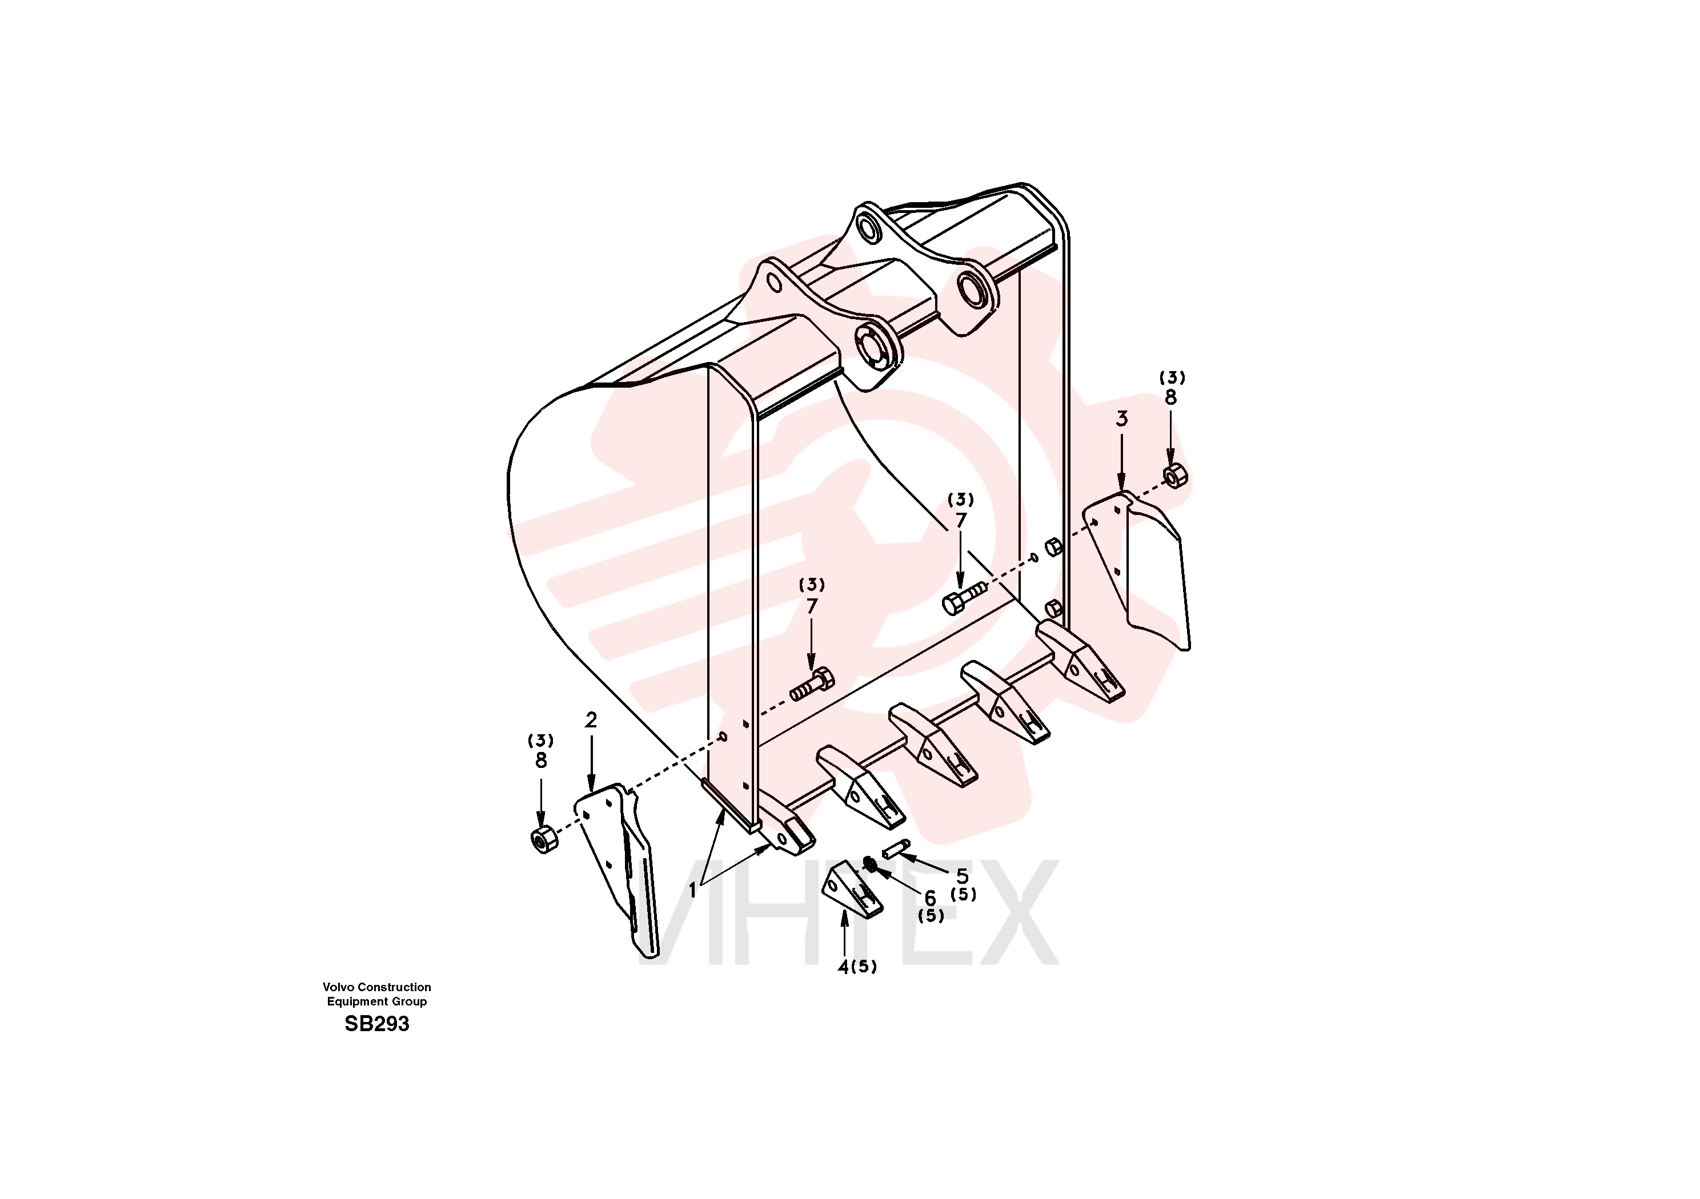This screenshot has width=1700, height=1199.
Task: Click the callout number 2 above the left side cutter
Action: (591, 720)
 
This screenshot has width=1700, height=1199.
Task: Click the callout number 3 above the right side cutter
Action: (1122, 419)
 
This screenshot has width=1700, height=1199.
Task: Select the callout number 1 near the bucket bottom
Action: (693, 890)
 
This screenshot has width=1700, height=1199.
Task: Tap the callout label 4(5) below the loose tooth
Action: (857, 967)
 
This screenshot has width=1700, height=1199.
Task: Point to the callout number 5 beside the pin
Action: (962, 876)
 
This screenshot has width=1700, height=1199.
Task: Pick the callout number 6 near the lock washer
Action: (930, 898)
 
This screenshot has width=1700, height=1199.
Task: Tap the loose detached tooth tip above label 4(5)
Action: (852, 888)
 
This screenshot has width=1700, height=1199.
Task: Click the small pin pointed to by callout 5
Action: (896, 849)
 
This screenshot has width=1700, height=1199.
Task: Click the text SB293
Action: (377, 1024)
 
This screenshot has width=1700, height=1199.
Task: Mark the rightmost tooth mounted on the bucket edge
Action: (1081, 662)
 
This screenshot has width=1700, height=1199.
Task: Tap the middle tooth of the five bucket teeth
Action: (933, 745)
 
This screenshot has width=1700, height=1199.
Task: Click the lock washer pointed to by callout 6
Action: (870, 863)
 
